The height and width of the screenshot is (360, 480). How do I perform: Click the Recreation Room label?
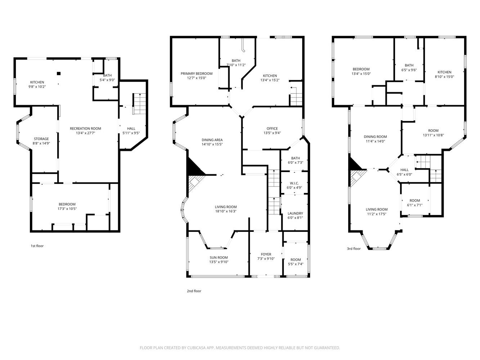tap(85, 129)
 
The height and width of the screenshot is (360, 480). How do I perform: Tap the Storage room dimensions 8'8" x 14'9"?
tap(41, 143)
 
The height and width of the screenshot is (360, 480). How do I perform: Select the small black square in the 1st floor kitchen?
tap(59, 73)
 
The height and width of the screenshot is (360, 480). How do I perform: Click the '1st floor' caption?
tap(37, 246)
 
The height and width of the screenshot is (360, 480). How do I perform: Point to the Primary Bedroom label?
tap(196, 73)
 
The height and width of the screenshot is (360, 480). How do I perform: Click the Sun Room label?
tap(219, 257)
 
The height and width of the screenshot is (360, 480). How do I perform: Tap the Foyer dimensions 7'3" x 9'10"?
tap(266, 259)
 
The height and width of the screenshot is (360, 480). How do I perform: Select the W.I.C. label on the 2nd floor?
tap(294, 183)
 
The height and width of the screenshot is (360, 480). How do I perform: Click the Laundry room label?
tap(295, 213)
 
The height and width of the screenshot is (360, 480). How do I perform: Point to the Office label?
tap(272, 129)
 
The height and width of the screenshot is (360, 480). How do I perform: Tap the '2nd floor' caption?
tap(194, 291)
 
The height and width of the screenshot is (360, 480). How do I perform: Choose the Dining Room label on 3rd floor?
tap(375, 137)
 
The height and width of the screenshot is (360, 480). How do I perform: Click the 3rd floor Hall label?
tap(404, 170)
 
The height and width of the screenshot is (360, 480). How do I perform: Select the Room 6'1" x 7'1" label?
tap(414, 201)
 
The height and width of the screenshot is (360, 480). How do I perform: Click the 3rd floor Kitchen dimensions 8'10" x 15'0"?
tap(444, 77)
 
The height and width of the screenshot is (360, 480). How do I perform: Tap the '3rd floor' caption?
tap(354, 248)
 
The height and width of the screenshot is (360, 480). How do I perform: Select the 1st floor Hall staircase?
tap(139, 104)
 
